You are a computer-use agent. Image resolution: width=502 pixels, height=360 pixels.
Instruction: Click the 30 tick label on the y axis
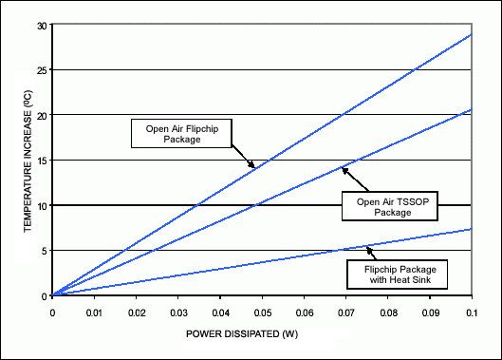tap(40, 25)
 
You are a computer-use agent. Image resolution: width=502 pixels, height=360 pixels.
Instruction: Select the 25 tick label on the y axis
tap(40, 70)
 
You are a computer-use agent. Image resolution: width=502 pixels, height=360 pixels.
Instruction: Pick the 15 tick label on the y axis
tap(40, 161)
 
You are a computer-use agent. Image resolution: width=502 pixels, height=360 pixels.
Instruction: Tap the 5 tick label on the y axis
tap(43, 251)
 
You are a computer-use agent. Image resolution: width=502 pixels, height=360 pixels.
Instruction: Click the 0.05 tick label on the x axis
tap(262, 311)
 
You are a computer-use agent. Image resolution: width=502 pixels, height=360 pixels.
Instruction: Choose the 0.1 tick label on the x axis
tap(472, 311)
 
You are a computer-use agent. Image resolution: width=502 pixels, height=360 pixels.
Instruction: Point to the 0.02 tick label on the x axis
tap(136, 311)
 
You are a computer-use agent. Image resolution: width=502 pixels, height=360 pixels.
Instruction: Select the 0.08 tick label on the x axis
tap(388, 311)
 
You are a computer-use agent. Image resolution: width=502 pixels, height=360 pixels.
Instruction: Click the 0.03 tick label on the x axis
tap(177, 311)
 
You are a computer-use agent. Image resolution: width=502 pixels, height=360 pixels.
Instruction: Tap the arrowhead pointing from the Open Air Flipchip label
tap(253, 167)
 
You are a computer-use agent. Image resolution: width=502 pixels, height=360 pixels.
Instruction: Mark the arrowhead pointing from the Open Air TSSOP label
tap(344, 169)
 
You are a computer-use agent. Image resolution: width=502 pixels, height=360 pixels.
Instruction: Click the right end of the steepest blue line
tap(472, 34)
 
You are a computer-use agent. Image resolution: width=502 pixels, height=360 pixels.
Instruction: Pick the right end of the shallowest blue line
tap(472, 229)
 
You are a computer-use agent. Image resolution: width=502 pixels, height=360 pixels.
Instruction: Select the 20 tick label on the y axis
tap(40, 115)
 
